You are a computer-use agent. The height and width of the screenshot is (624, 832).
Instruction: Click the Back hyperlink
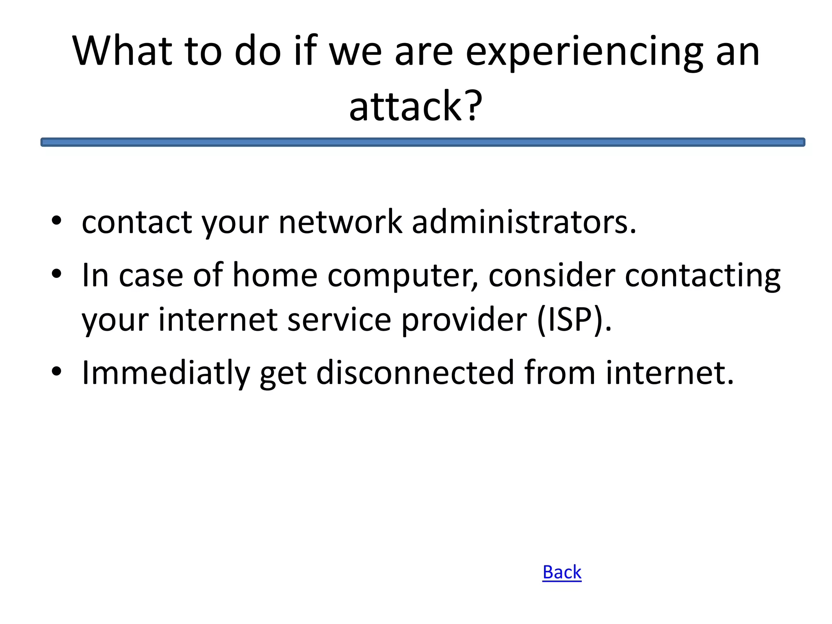point(562,572)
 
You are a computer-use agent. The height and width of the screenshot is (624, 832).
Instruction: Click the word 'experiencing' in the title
point(584,52)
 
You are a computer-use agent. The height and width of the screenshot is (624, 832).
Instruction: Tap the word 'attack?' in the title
point(416,106)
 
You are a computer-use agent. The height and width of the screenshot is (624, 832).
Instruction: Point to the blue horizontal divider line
point(422,142)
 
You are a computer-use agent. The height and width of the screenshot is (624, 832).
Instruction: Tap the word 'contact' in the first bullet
point(137,223)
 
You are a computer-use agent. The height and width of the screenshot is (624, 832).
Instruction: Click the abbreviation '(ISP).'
point(574,320)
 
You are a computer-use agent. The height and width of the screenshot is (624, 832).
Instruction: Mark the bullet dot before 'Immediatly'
point(56,371)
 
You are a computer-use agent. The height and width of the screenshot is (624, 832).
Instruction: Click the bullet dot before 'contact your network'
point(56,221)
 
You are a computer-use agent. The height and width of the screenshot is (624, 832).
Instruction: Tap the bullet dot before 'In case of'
point(56,274)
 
